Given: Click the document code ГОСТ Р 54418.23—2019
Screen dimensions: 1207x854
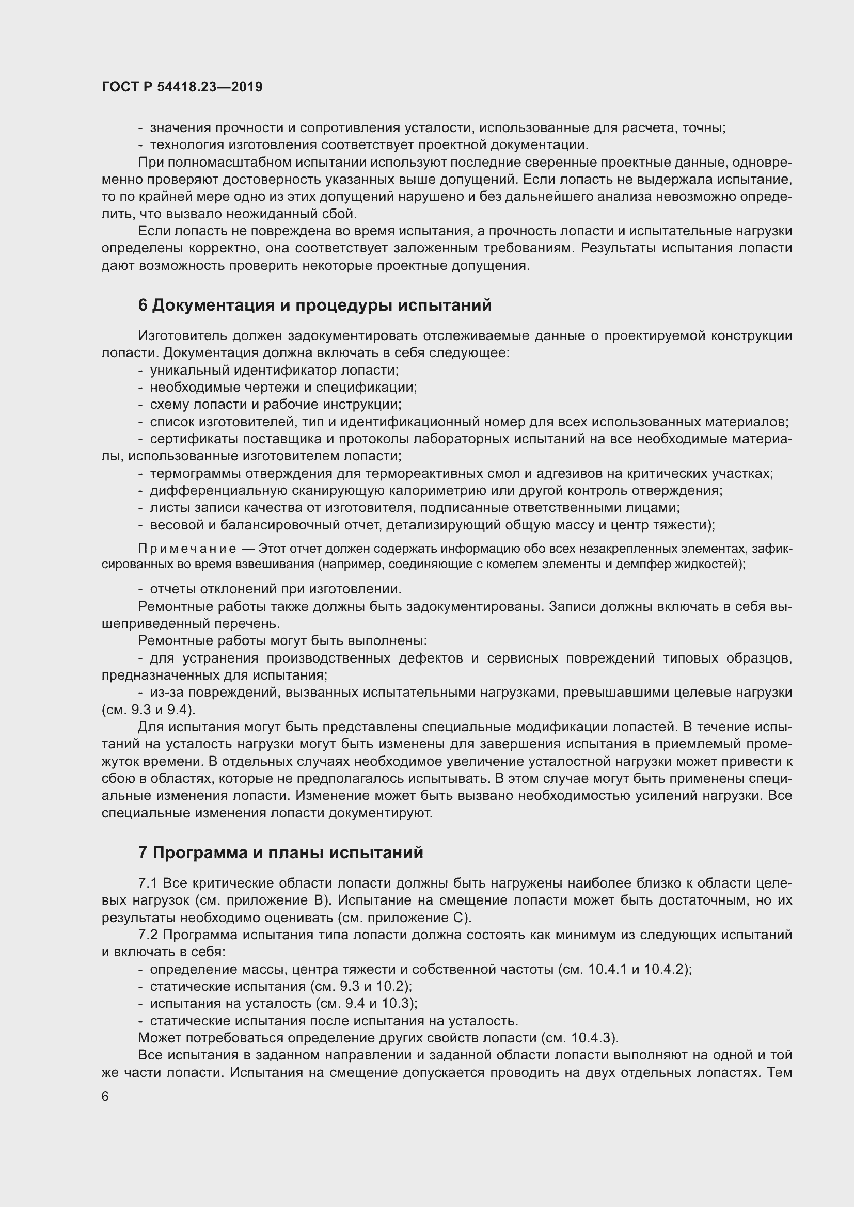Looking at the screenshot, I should (182, 87).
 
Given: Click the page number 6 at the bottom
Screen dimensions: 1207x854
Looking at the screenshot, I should (105, 1096).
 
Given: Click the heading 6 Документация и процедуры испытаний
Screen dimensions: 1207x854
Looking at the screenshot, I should (314, 305).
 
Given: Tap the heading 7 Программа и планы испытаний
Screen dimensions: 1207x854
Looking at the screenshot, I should (280, 852).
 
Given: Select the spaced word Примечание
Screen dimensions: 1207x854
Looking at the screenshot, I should (187, 549).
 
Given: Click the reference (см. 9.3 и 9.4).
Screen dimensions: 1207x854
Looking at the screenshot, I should (148, 710).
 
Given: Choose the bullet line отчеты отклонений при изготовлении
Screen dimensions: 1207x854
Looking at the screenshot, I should (276, 589).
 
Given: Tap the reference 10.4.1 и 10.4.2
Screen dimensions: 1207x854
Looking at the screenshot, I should (638, 969).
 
